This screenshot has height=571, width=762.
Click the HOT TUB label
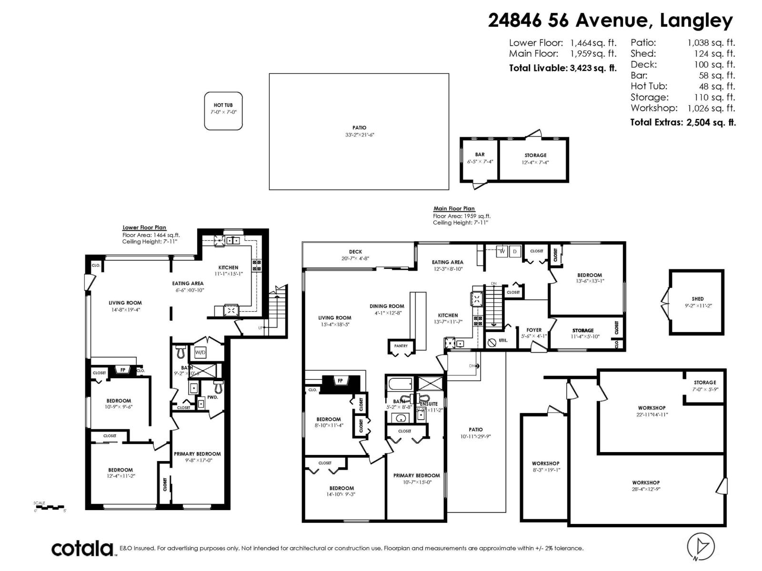coord(223,105)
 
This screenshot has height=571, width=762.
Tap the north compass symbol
coord(701,546)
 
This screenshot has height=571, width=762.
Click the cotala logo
coord(82,549)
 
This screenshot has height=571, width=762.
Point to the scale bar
coord(50,507)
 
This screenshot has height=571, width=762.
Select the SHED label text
coord(698,299)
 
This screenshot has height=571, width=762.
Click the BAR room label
coord(480,155)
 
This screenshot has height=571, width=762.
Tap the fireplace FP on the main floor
coord(340,381)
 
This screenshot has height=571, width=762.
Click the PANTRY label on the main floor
coord(401,346)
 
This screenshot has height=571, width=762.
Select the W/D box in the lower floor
coord(200,353)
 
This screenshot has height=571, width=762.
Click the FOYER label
coord(534,330)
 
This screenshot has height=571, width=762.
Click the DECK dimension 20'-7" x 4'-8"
coord(355,258)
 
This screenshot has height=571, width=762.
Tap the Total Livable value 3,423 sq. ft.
coord(593,68)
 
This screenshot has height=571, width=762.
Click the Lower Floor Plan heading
coord(144,227)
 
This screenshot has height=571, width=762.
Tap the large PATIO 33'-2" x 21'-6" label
coord(360,131)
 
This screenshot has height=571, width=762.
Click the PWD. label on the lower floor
coord(212,397)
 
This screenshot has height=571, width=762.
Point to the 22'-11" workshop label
coord(652,414)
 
